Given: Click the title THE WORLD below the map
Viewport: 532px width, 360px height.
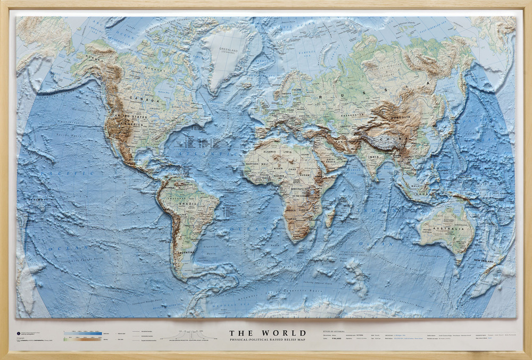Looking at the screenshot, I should (268, 333).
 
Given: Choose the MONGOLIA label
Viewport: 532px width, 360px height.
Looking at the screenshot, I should (410, 116).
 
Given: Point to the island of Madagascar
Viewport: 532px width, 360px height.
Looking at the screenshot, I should (330, 216).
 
